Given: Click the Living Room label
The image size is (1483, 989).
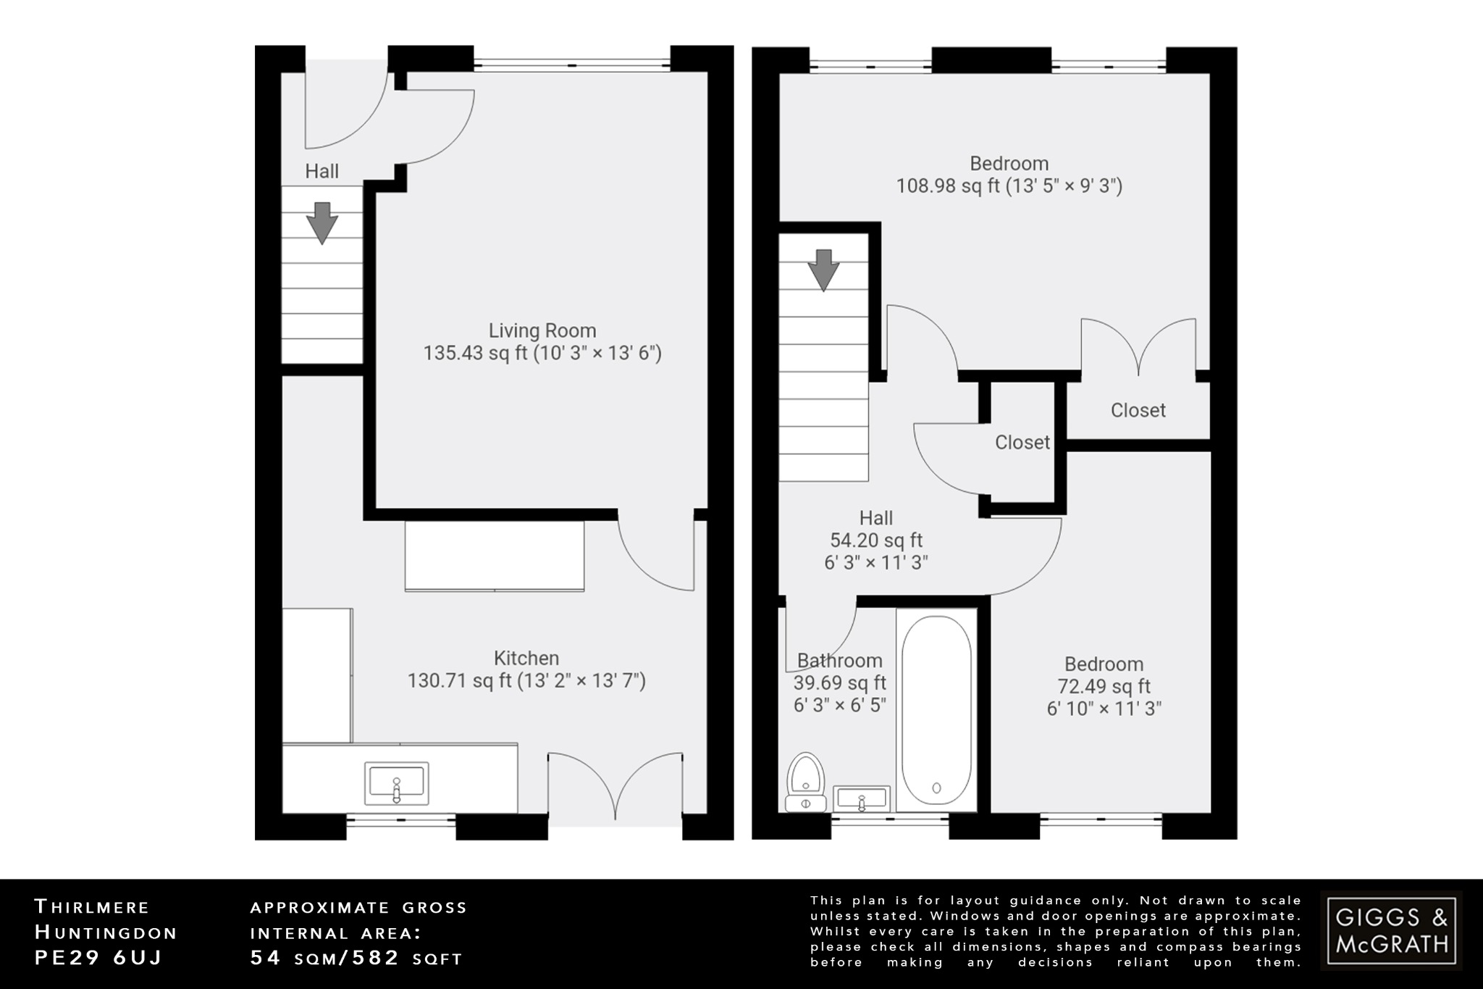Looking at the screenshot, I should pyautogui.click(x=542, y=330).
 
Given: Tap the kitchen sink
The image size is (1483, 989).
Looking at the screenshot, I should pyautogui.click(x=396, y=783).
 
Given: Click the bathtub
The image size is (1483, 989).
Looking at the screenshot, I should pyautogui.click(x=936, y=710).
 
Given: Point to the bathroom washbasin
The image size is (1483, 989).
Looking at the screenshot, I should pyautogui.click(x=861, y=798).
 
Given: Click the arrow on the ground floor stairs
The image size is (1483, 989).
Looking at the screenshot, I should pyautogui.click(x=322, y=222).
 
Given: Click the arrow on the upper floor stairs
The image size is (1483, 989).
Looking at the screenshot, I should pyautogui.click(x=823, y=270).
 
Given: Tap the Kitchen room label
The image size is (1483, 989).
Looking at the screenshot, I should pyautogui.click(x=526, y=658).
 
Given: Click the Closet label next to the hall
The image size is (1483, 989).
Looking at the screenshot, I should pyautogui.click(x=1022, y=442).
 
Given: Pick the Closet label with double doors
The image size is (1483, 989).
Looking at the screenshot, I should pyautogui.click(x=1138, y=410).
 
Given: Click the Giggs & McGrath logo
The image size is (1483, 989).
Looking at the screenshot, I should pyautogui.click(x=1391, y=931).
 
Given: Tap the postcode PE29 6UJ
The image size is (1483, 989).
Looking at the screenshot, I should pyautogui.click(x=98, y=957).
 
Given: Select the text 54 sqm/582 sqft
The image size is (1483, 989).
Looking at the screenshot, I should pyautogui.click(x=356, y=958).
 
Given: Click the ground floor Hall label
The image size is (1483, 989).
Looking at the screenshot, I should pyautogui.click(x=322, y=171).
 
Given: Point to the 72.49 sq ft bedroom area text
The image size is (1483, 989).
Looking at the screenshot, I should pyautogui.click(x=1104, y=686).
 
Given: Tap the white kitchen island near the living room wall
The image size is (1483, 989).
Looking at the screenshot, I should pyautogui.click(x=495, y=556).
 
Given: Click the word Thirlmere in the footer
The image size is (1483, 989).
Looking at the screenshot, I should pyautogui.click(x=92, y=907).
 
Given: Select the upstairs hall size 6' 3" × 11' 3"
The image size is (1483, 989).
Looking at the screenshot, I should pyautogui.click(x=875, y=562).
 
